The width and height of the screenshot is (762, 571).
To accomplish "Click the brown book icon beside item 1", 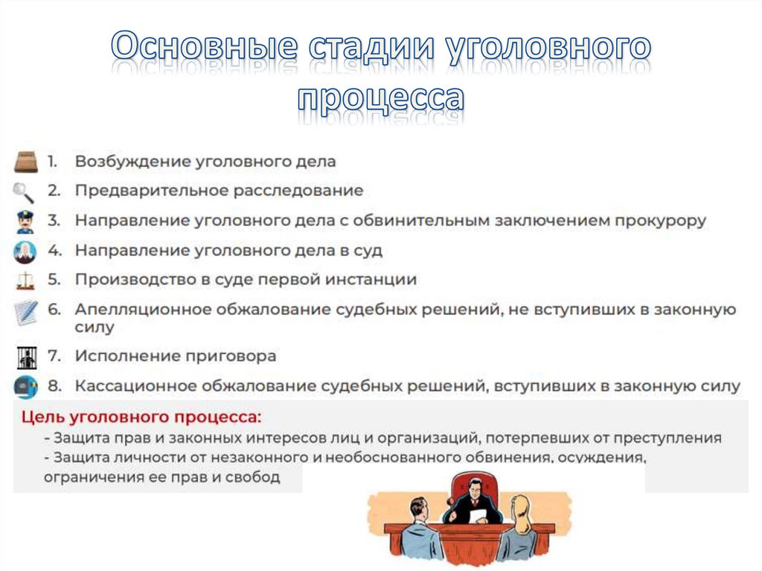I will (x=25, y=162).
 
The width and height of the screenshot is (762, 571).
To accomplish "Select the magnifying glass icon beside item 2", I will (x=24, y=191).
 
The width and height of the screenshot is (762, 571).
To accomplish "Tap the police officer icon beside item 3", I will (x=25, y=221).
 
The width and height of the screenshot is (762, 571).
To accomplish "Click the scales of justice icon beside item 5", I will (x=25, y=281).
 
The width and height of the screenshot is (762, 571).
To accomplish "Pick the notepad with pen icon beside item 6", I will (x=25, y=313).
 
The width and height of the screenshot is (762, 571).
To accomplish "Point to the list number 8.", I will (x=54, y=386).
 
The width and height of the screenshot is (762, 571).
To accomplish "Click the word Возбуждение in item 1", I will (x=131, y=162).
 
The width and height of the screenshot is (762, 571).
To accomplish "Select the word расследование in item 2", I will (x=298, y=191).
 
